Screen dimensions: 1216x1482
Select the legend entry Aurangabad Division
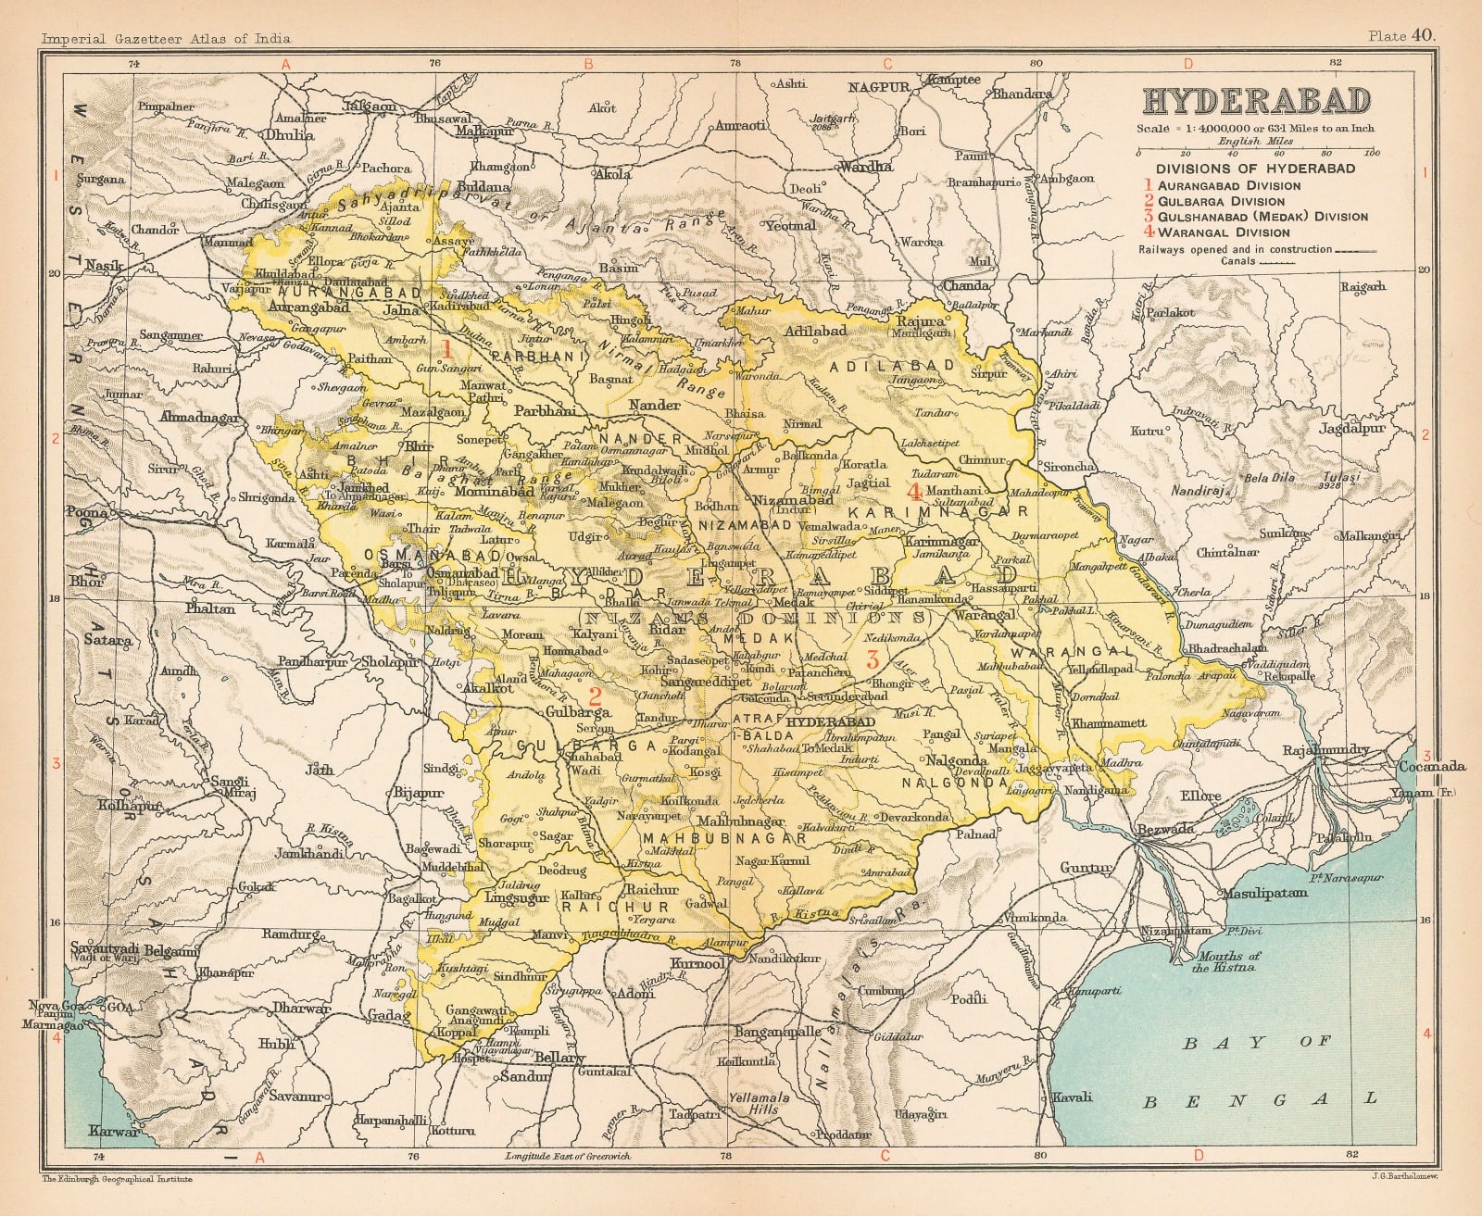pos(1228,185)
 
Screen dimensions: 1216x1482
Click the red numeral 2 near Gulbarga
pos(596,695)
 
